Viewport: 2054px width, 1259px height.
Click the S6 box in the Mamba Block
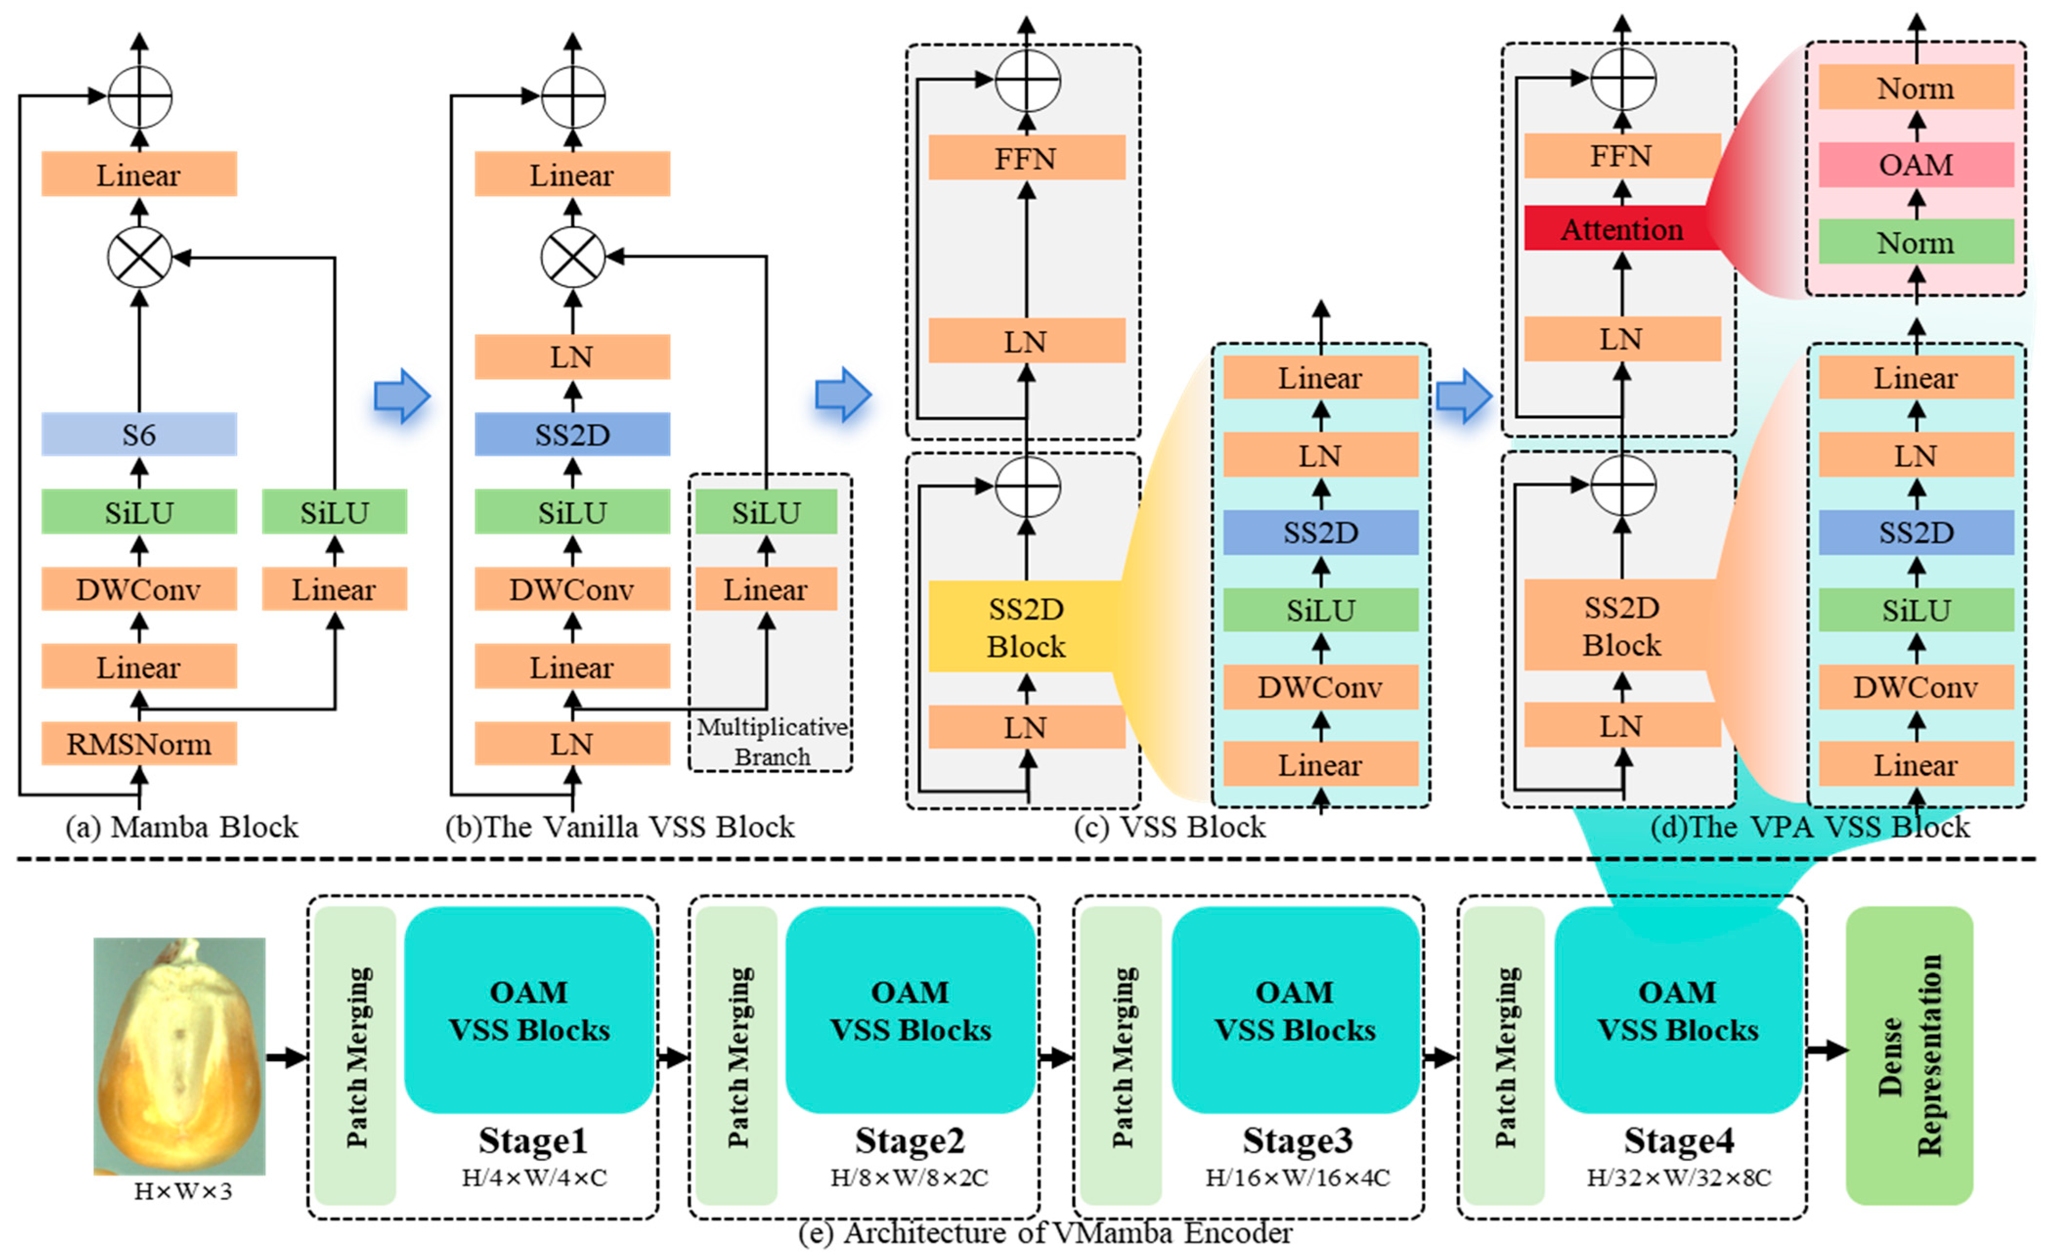[x=139, y=434]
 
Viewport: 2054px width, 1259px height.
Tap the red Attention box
[x=1622, y=228]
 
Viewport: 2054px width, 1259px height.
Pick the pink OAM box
[x=1916, y=164]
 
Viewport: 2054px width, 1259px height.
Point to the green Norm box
[x=1916, y=242]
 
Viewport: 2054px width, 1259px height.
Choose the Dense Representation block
[x=1909, y=1056]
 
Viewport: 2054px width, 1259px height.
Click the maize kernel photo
[x=179, y=1056]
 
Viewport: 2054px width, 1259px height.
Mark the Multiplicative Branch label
[x=772, y=741]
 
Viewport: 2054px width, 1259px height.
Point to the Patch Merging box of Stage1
[x=356, y=1056]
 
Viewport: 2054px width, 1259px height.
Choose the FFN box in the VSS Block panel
[x=1026, y=157]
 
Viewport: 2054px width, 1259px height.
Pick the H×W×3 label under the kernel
[x=183, y=1192]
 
